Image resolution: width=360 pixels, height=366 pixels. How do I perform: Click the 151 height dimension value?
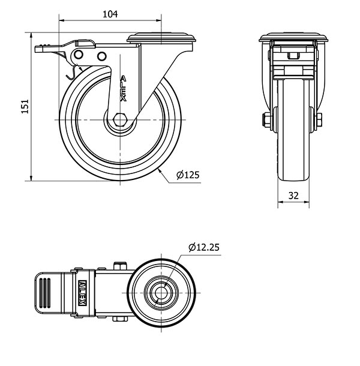[x=25, y=106]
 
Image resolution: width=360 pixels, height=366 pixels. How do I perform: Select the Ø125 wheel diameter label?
[x=188, y=175]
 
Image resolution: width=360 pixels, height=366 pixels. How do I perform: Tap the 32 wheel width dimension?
[x=293, y=195]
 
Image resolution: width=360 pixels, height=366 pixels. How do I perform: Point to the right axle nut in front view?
[x=320, y=121]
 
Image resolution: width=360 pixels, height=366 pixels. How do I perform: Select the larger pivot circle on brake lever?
[x=79, y=55]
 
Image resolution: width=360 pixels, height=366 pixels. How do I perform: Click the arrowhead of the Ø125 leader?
[x=160, y=170]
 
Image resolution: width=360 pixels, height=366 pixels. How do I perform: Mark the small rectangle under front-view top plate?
[x=293, y=57]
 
